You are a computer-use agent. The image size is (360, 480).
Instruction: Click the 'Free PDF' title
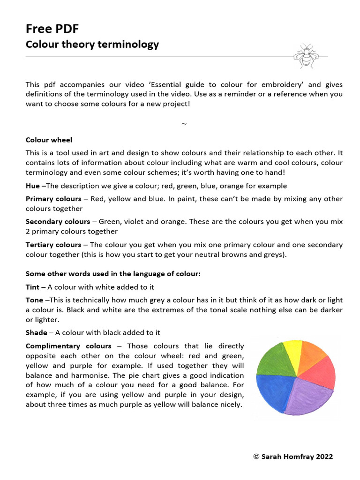52,29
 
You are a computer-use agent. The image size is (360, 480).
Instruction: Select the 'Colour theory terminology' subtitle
92,45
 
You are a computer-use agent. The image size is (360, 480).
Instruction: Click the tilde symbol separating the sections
184,124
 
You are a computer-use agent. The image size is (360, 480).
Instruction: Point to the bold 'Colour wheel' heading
49,140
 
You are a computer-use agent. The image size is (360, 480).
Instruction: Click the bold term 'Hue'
32,186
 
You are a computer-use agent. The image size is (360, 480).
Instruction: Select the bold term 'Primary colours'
53,199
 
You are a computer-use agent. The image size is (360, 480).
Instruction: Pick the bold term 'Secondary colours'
58,221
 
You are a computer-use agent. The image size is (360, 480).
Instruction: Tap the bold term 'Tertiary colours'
53,245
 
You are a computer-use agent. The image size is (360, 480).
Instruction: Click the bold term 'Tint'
32,287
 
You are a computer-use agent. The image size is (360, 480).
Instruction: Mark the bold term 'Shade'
36,332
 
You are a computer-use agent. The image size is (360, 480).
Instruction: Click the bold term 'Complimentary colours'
68,346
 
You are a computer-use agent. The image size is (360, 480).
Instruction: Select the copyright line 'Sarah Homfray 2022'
293,456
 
